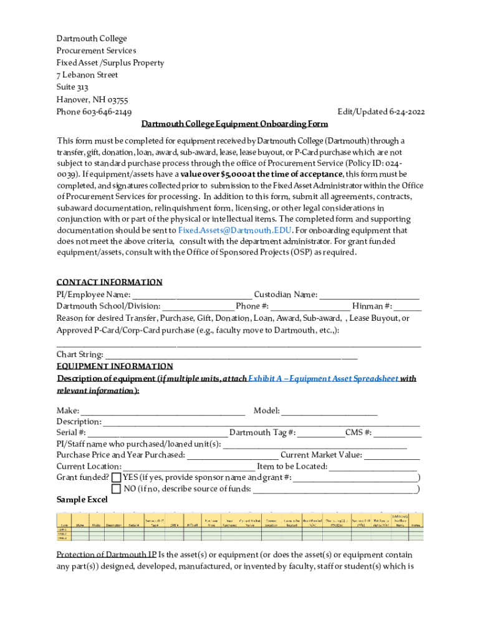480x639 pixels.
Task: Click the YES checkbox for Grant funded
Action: point(116,478)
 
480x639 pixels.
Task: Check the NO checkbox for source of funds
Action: point(116,489)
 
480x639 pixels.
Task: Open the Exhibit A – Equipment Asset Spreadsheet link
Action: point(323,379)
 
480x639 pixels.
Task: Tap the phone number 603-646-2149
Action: point(107,112)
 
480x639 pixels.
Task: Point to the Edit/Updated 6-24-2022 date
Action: point(381,112)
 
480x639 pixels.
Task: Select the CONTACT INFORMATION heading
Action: point(109,282)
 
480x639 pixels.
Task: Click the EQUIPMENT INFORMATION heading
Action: point(115,366)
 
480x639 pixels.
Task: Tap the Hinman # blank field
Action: point(408,307)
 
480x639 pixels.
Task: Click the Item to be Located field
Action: point(373,467)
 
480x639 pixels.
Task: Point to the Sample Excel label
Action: point(82,500)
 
